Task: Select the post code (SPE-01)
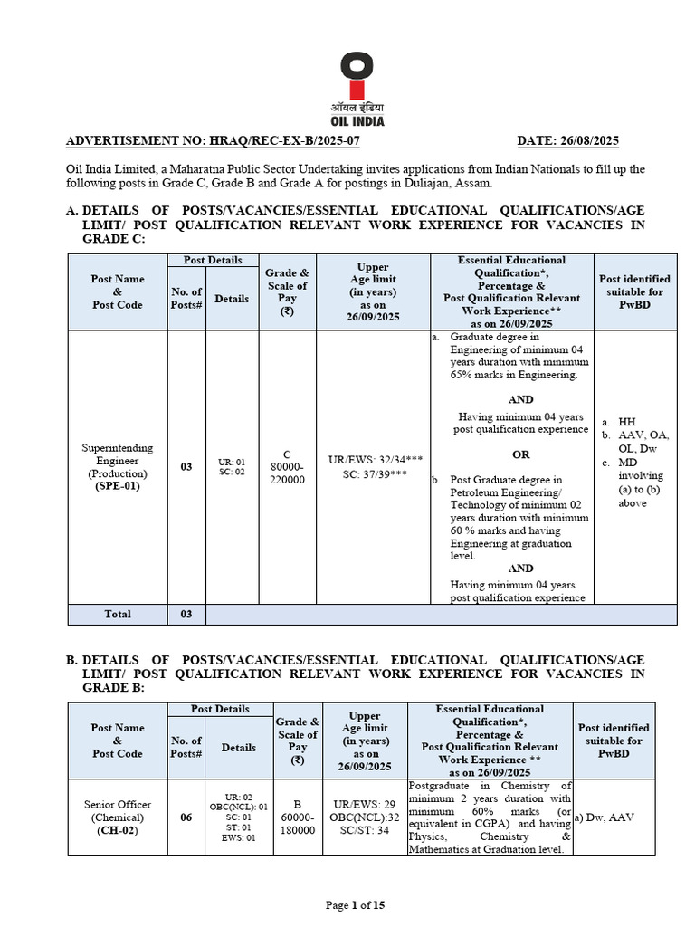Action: pos(118,486)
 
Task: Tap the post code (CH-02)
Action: pos(118,831)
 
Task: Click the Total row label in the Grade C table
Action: pos(118,614)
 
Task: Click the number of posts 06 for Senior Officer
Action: pos(186,817)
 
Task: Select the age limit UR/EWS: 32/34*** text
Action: pos(366,459)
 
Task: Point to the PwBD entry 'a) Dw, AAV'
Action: pos(605,817)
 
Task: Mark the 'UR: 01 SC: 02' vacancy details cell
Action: pos(232,467)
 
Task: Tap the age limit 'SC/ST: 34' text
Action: pos(361,830)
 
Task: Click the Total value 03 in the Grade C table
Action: pos(186,614)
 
